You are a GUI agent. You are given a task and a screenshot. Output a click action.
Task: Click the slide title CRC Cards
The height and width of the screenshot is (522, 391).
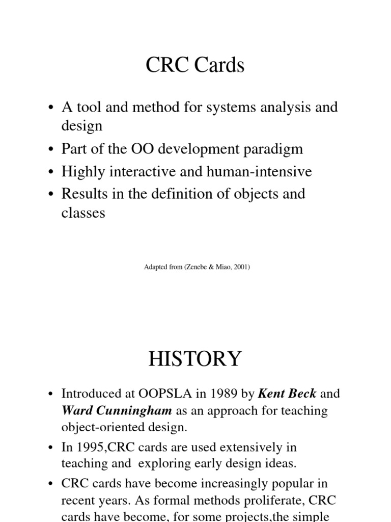coord(195,66)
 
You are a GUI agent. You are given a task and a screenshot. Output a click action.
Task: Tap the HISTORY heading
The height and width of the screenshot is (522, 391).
coord(195,359)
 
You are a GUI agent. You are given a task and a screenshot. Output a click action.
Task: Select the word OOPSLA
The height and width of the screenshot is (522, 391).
coord(171,394)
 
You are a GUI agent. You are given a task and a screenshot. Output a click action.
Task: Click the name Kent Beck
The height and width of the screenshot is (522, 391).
coord(288,394)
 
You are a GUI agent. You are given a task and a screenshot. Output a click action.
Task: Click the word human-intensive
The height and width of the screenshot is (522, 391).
coord(259,172)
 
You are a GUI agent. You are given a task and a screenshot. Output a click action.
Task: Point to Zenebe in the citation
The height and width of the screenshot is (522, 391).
coord(188,266)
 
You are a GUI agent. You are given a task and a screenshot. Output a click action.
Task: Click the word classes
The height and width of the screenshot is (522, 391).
coord(83,213)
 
